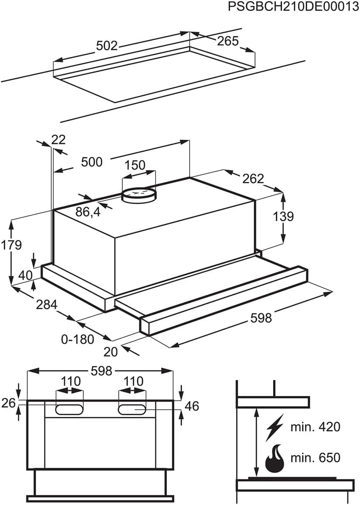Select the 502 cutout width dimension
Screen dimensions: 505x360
pos(107,45)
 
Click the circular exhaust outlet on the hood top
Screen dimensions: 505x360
pos(138,195)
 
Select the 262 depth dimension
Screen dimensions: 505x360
pos(253,178)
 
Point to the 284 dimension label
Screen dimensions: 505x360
pos(47,304)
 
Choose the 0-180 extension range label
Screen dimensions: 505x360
pos(78,339)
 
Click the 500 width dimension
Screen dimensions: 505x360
pos(92,162)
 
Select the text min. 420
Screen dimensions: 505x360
pos(315,427)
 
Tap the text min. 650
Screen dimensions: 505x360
pos(315,458)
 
